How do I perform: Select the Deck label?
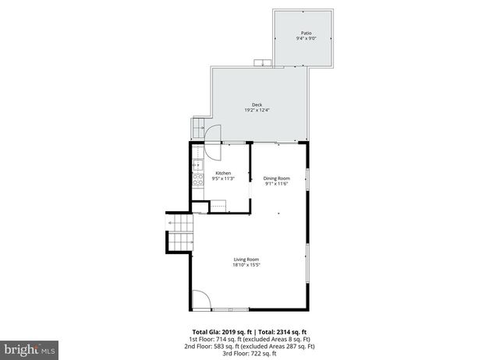[257, 105]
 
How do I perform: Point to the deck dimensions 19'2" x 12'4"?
[257, 111]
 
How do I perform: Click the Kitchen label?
[223, 173]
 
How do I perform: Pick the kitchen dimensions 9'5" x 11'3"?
[223, 178]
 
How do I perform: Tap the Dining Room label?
[276, 178]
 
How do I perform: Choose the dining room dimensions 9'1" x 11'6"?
[276, 184]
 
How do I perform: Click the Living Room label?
[246, 259]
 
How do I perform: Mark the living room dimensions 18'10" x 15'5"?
[246, 265]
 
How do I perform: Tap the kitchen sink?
[196, 164]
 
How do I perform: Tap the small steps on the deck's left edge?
[196, 127]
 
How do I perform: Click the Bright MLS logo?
[30, 350]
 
